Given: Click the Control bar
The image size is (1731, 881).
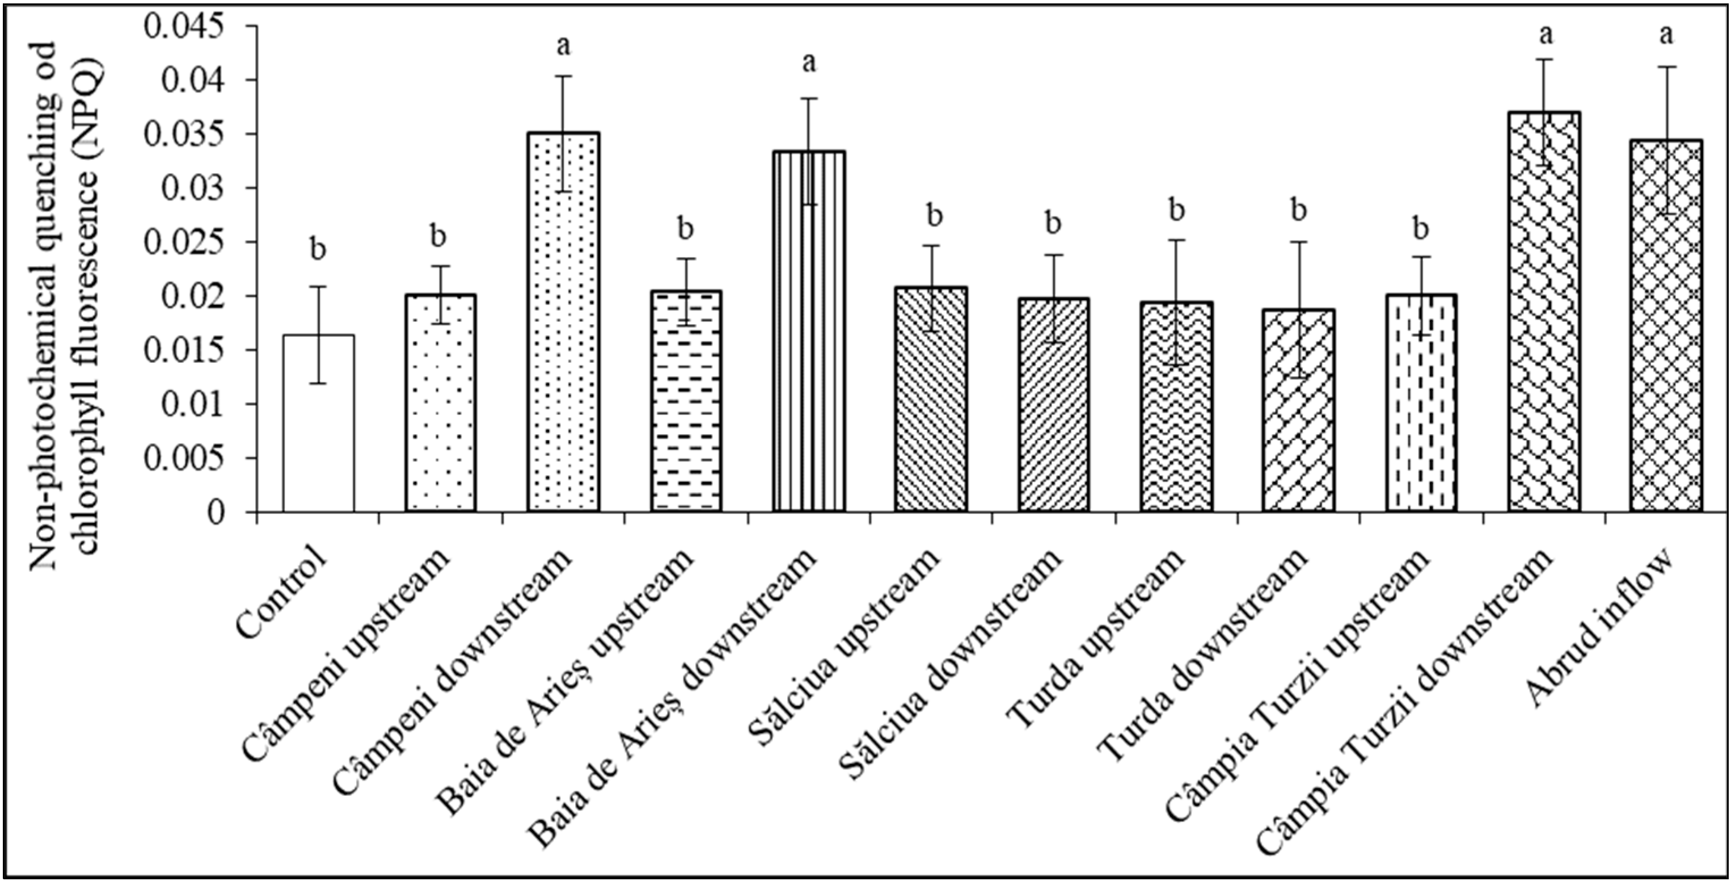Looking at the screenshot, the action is click(319, 423).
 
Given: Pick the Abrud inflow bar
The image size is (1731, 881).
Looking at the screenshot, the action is click(1665, 326).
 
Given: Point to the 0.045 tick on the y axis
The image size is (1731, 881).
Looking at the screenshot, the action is click(251, 26).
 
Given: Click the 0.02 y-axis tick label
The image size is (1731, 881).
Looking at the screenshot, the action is click(200, 296).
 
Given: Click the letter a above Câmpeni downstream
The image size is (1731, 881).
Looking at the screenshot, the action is click(564, 47).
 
